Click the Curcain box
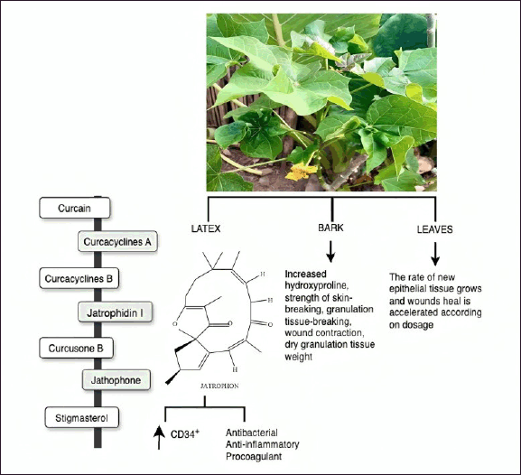(75, 208)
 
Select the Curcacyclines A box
(117, 241)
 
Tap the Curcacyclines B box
(79, 278)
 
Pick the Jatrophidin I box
(116, 312)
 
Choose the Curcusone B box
(76, 348)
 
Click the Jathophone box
(116, 380)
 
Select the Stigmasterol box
(82, 417)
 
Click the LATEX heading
(206, 228)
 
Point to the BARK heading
(331, 228)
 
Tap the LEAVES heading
(435, 229)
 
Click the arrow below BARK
(330, 252)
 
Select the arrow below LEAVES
(435, 254)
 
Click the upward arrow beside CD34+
(159, 437)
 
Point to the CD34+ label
(185, 433)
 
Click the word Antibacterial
(252, 433)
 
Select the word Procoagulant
(254, 456)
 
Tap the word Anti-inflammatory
(263, 444)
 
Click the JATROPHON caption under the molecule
(219, 386)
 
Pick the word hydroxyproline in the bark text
(317, 285)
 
